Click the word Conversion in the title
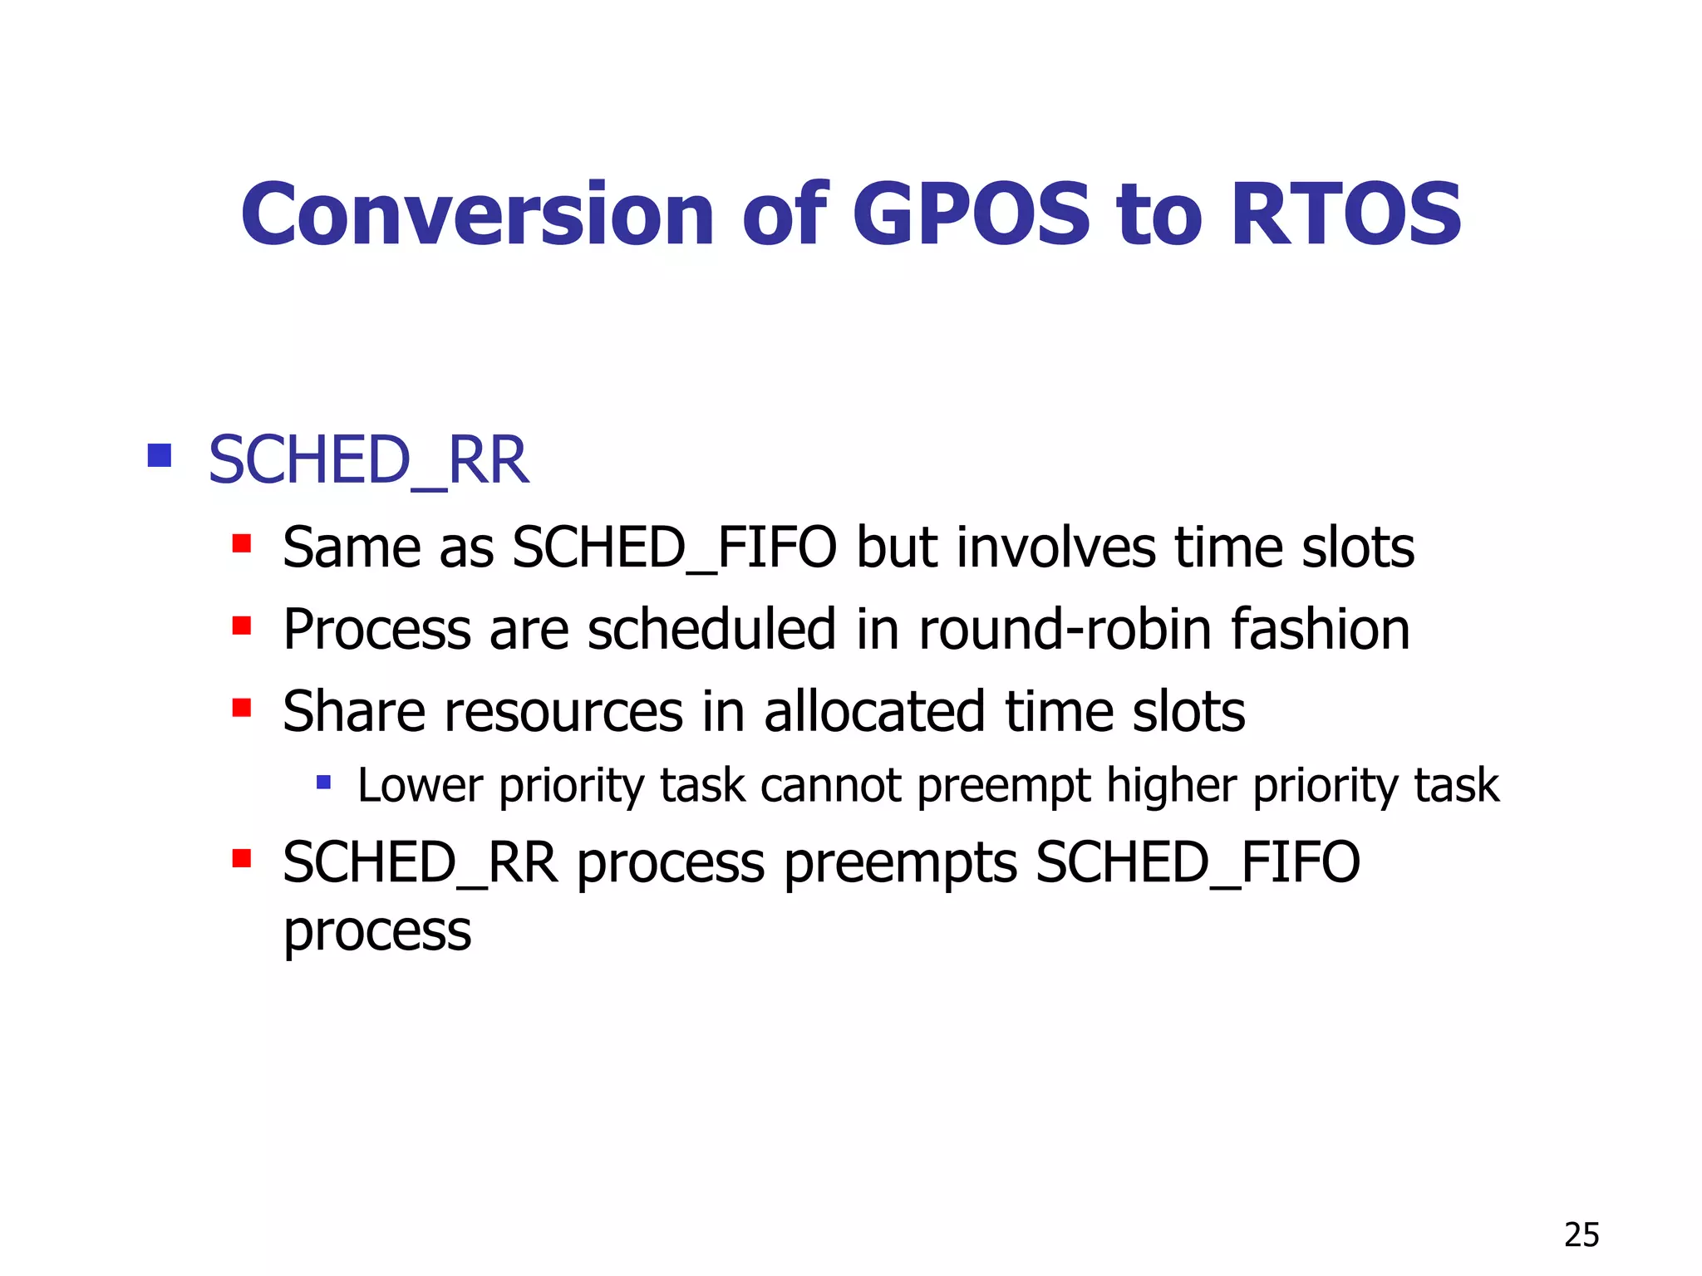[x=477, y=214]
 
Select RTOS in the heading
[x=1345, y=214]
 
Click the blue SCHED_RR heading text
[x=368, y=461]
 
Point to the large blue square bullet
[x=159, y=455]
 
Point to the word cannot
[x=830, y=786]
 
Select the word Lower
[x=420, y=786]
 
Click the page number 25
[x=1581, y=1235]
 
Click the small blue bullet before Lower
[x=324, y=782]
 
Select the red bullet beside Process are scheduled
[x=242, y=626]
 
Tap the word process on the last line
[x=377, y=931]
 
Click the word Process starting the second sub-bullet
[x=376, y=629]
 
